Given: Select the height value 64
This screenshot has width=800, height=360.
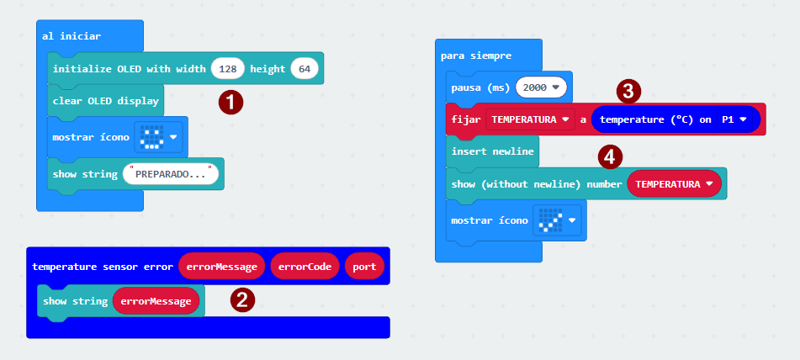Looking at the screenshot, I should tap(304, 69).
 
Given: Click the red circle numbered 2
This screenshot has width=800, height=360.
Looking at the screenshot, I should tap(243, 299).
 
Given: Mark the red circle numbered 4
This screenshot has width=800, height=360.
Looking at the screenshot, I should tap(611, 156).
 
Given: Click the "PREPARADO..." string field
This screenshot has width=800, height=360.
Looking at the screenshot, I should tap(171, 174).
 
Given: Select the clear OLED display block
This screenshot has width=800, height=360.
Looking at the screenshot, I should tap(105, 101).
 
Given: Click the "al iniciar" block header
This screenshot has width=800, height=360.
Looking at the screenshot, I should tap(72, 36).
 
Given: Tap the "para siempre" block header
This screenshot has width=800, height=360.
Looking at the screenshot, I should tap(475, 56).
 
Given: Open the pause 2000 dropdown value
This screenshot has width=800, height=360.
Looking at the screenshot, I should tap(542, 87).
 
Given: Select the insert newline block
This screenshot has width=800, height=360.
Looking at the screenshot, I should tap(490, 151).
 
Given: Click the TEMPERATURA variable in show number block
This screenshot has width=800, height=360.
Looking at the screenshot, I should tap(674, 183).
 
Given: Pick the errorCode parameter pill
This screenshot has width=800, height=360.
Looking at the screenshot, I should tap(304, 267).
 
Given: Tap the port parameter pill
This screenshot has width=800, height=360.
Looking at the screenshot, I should tap(363, 267).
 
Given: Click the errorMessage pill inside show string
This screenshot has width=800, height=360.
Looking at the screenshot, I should tap(157, 300).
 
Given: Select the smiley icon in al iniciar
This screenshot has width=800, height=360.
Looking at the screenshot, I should tap(151, 137).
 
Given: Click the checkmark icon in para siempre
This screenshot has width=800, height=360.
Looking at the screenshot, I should tap(549, 220).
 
